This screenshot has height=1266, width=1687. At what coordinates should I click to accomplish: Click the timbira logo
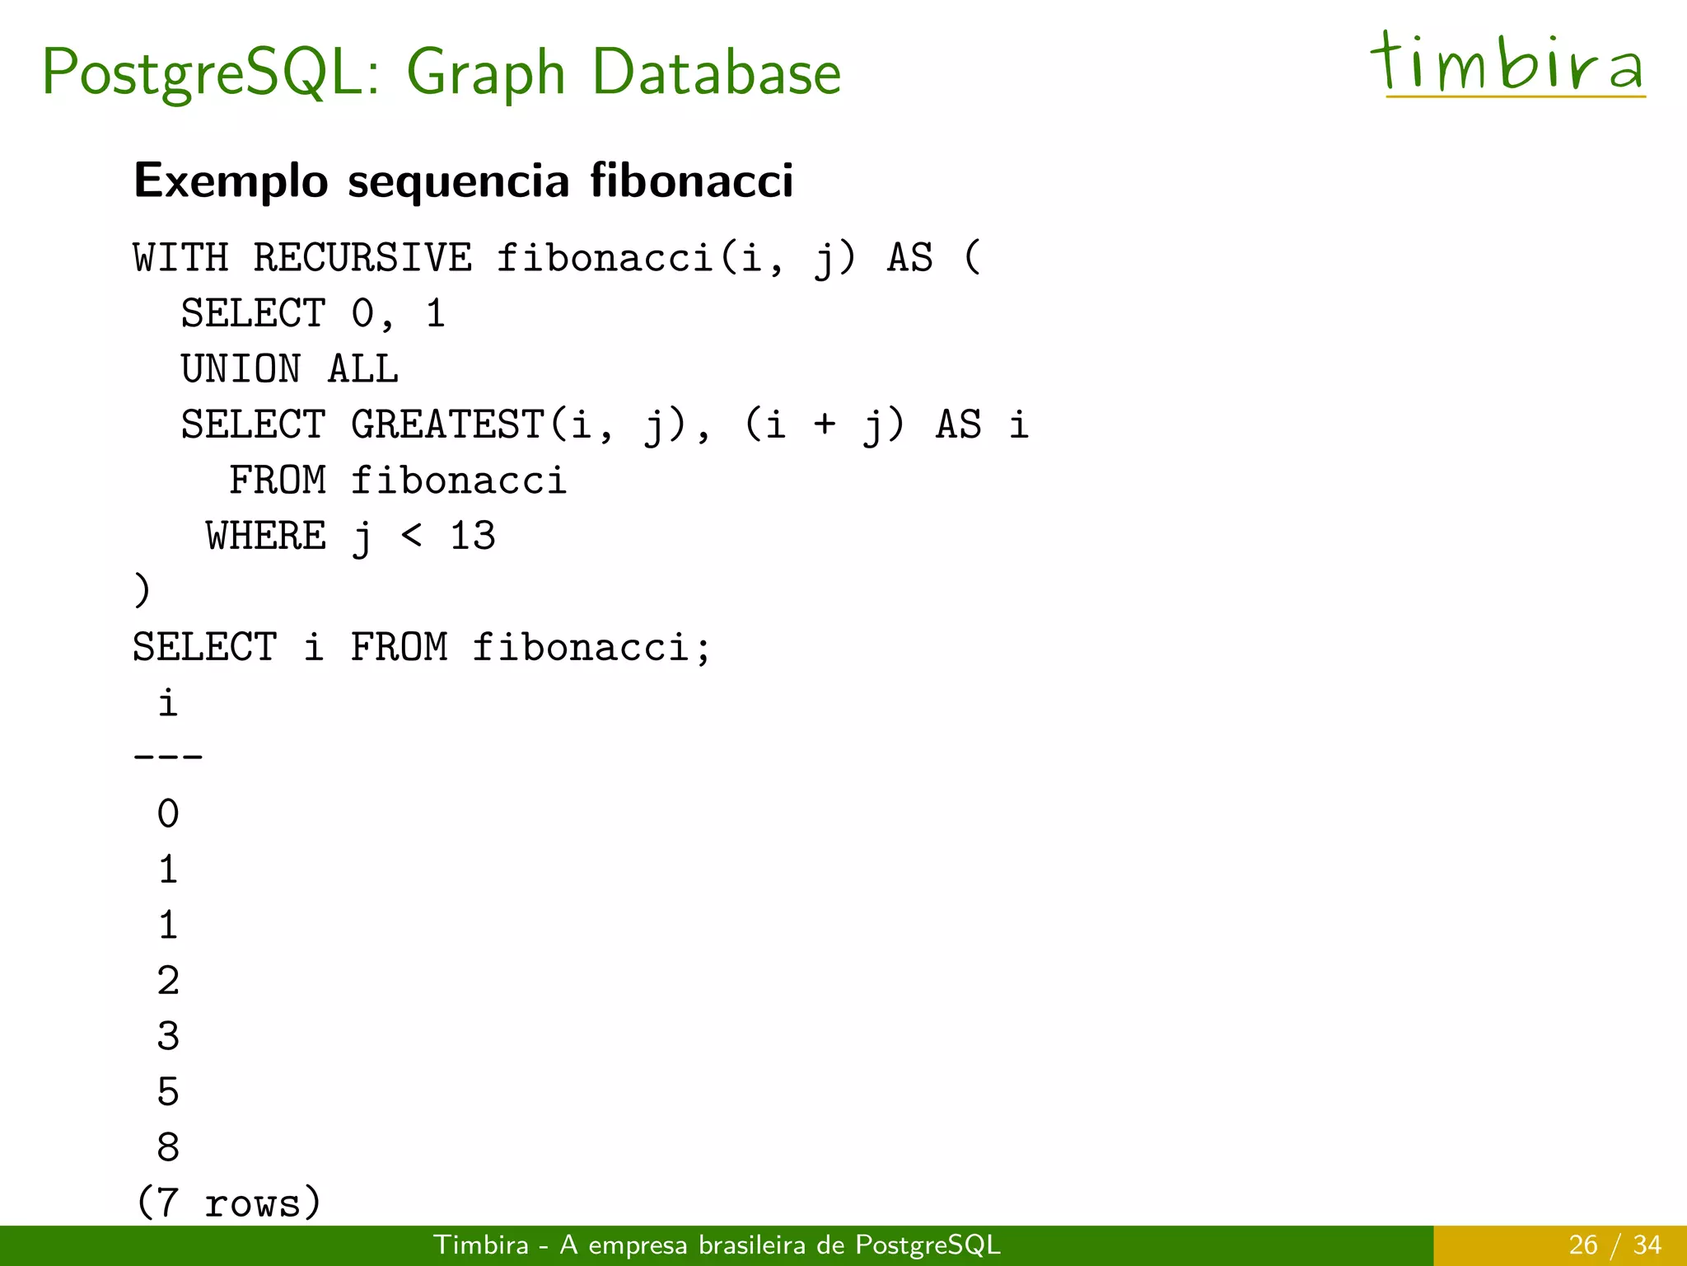(1507, 64)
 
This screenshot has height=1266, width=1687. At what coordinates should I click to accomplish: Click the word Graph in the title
(486, 74)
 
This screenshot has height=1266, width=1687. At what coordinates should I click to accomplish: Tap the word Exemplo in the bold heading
(231, 181)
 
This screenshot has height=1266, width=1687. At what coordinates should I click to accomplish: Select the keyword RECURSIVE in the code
(362, 258)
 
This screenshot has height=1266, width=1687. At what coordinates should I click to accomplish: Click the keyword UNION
(241, 369)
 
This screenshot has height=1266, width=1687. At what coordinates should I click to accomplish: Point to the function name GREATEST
(448, 425)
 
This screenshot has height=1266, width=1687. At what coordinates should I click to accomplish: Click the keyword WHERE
(266, 537)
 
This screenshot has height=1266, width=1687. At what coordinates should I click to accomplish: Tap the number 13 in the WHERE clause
(473, 537)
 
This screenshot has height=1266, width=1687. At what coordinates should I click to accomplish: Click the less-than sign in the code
(412, 537)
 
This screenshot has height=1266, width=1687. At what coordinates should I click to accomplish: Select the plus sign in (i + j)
(825, 425)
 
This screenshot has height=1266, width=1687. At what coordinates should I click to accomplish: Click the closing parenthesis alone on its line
(143, 591)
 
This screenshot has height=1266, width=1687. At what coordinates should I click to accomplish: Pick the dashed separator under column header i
(168, 756)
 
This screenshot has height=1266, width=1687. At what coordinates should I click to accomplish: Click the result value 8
(168, 1147)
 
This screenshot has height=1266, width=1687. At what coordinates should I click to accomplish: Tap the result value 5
(168, 1092)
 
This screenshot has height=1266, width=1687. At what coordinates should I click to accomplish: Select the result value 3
(168, 1036)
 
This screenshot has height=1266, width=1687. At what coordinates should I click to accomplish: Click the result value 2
(168, 981)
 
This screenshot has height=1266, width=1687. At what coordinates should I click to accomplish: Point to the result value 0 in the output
(168, 814)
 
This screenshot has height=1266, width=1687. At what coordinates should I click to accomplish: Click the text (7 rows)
(228, 1203)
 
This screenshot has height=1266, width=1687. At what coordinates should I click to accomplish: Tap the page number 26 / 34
(1615, 1245)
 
